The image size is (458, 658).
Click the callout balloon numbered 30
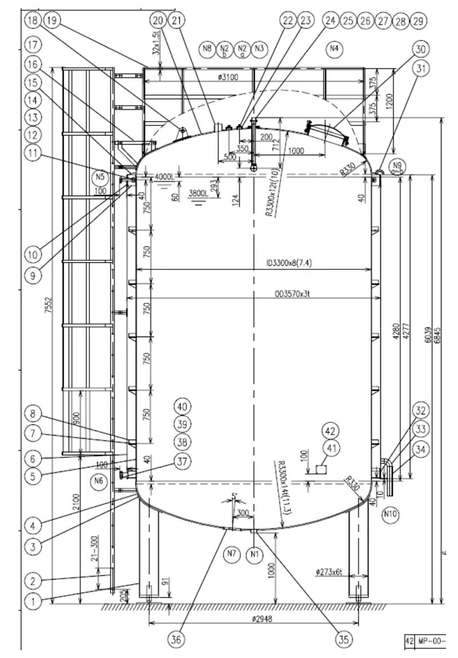tap(422, 49)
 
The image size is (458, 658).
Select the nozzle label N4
tap(334, 49)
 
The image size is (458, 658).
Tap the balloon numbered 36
tap(176, 640)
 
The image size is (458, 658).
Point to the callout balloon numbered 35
tap(343, 640)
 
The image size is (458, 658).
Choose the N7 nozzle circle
tap(231, 553)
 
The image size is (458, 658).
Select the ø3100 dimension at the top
tap(228, 76)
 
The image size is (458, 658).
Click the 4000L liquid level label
tap(164, 178)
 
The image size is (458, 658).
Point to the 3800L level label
tap(199, 193)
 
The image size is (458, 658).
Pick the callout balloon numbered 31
tap(422, 69)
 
